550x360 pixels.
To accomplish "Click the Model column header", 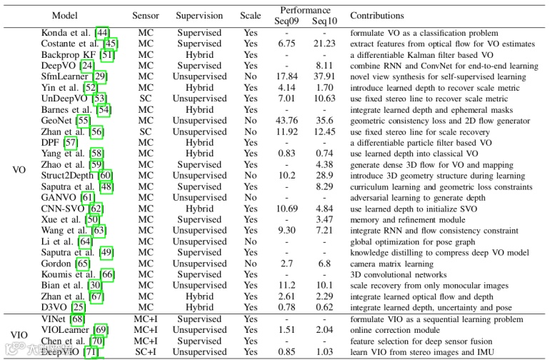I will (69, 16).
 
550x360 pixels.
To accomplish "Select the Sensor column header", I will (146, 16).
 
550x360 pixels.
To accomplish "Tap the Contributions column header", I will (376, 16).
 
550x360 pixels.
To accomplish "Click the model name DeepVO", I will (58, 66).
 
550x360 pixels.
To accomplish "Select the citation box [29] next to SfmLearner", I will (101, 76).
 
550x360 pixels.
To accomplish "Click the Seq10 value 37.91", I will (324, 76).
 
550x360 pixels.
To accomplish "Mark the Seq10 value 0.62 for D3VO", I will (324, 307).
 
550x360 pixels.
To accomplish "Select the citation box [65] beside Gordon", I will (83, 264).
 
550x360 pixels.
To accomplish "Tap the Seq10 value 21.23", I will (324, 44).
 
